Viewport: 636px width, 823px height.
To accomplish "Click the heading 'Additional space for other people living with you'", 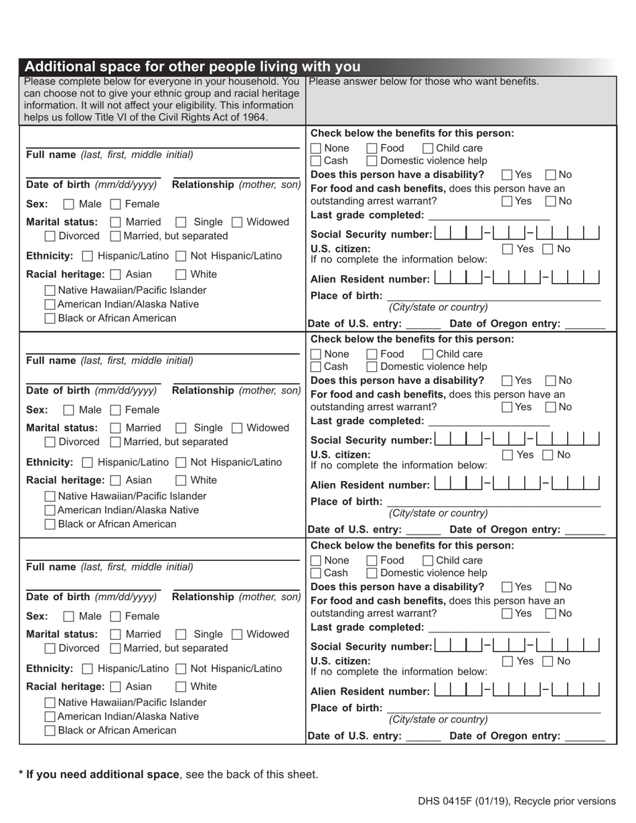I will pos(192,67).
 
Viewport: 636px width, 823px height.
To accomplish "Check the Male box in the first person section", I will pos(68,204).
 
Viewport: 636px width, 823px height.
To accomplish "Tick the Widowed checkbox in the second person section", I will pos(237,428).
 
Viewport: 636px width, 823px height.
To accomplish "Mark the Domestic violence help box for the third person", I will pos(372,573).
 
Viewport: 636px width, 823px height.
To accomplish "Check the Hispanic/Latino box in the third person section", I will pos(88,668).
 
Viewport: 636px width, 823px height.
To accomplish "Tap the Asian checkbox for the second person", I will pos(115,480).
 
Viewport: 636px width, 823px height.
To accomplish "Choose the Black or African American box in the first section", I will pos(50,318).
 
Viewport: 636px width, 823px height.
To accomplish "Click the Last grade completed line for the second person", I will pos(489,422).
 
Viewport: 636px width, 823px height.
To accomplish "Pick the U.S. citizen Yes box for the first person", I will pos(508,250).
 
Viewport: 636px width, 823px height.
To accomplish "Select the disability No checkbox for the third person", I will pos(551,587).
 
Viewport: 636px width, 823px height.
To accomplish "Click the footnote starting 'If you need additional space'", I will pos(168,774).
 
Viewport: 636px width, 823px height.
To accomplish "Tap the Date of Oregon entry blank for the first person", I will pos(584,325).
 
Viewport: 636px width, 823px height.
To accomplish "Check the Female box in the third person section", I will pos(115,616).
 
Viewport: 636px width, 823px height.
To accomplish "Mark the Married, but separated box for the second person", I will pos(115,442).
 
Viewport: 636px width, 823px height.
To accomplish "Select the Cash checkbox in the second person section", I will pos(316,367).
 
